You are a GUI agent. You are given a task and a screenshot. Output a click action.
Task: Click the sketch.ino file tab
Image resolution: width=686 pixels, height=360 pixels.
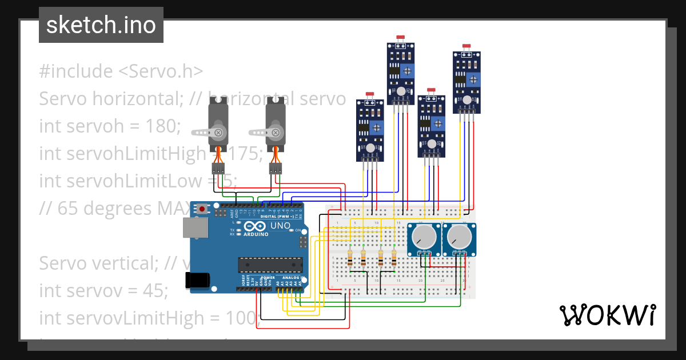coord(101,25)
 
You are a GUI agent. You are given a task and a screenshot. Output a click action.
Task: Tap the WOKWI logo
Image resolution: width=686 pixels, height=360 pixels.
coord(607,315)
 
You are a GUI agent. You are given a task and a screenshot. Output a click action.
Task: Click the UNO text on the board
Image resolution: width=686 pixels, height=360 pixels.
coord(280,226)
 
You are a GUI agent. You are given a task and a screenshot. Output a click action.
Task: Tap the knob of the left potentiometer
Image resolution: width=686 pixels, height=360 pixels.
coord(424,238)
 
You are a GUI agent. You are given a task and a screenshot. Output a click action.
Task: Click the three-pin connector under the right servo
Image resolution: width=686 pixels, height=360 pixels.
coord(276,169)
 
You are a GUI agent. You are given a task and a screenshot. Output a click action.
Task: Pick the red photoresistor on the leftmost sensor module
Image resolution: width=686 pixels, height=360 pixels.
coord(370,94)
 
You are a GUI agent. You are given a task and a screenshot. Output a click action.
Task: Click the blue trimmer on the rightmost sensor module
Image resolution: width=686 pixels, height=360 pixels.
coord(475,79)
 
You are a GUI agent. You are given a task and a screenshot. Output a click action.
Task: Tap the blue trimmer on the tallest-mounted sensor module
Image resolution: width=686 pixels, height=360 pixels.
coord(408,71)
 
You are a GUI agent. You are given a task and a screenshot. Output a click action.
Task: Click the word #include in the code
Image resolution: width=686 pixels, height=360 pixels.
coord(76,71)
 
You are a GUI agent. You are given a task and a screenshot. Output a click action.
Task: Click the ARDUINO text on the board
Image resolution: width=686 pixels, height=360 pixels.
coord(256,234)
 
